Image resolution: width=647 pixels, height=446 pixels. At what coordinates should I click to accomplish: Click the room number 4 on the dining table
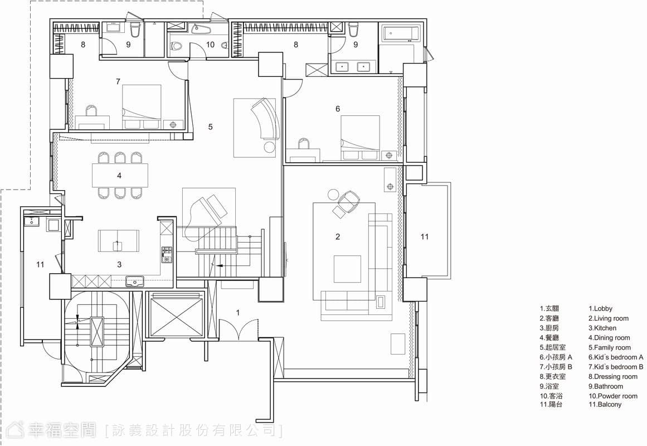pyautogui.click(x=119, y=176)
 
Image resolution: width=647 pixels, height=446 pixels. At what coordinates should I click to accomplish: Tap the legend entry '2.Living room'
pyautogui.click(x=608, y=318)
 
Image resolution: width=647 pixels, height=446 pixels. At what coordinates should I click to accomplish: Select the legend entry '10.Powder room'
pyautogui.click(x=613, y=396)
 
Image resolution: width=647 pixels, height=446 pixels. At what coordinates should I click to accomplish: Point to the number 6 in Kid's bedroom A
pyautogui.click(x=338, y=109)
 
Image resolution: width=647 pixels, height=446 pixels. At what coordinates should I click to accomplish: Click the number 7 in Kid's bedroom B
pyautogui.click(x=118, y=82)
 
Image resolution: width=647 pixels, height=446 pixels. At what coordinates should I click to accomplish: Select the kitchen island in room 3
pyautogui.click(x=119, y=241)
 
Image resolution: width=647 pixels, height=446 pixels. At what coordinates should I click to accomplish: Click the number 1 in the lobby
pyautogui.click(x=237, y=313)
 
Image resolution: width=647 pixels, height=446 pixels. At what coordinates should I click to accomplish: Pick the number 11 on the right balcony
pyautogui.click(x=425, y=236)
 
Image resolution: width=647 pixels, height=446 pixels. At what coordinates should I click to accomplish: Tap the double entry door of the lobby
pyautogui.click(x=239, y=329)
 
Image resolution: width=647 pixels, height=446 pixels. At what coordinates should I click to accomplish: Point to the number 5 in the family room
pyautogui.click(x=211, y=127)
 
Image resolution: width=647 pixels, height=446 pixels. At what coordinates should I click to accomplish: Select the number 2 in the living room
pyautogui.click(x=338, y=236)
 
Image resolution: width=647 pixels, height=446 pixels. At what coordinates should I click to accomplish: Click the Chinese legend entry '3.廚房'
pyautogui.click(x=549, y=328)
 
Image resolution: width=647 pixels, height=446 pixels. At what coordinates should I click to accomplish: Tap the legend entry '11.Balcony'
pyautogui.click(x=605, y=404)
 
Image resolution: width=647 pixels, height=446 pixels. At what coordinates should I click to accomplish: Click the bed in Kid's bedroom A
pyautogui.click(x=360, y=138)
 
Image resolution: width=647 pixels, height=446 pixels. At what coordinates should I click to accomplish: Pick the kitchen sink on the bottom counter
pyautogui.click(x=134, y=282)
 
